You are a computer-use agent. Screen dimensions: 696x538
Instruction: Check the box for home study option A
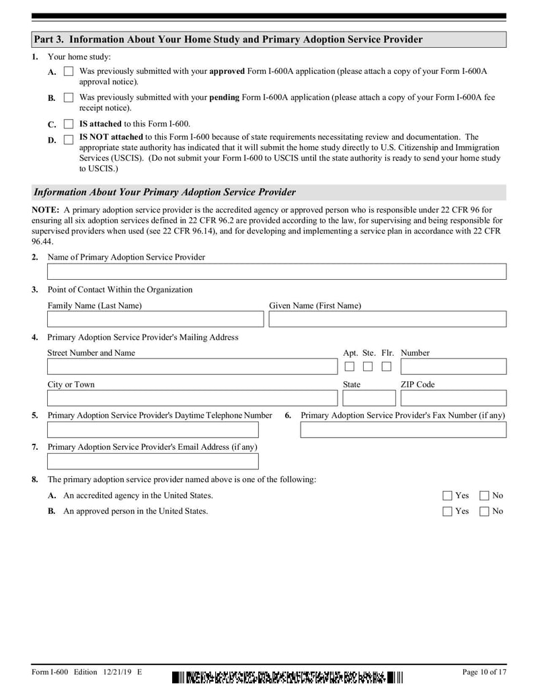(68, 71)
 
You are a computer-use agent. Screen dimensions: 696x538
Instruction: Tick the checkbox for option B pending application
(68, 98)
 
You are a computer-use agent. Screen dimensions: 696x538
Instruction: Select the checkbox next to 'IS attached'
(68, 124)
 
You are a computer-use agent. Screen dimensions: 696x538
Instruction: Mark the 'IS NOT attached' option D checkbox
(68, 140)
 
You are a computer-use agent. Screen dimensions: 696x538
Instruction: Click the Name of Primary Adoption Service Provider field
(276, 272)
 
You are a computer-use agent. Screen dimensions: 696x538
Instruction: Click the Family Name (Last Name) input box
(155, 319)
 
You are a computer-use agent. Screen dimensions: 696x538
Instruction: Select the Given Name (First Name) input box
(387, 319)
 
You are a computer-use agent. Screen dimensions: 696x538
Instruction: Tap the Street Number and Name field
(191, 366)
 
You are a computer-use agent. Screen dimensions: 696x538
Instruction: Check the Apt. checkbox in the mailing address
(350, 366)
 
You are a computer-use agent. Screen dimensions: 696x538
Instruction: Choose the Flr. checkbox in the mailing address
(386, 366)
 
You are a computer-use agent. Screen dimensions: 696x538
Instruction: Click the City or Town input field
(191, 398)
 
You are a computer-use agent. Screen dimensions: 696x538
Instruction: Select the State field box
(369, 398)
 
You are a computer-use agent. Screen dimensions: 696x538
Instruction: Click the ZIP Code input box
(453, 398)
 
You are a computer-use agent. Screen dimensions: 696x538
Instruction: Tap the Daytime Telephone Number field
(153, 430)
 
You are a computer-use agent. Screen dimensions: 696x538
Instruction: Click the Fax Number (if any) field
(403, 430)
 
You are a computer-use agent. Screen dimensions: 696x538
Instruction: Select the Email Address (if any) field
(153, 461)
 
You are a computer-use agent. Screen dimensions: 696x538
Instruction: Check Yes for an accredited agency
(448, 496)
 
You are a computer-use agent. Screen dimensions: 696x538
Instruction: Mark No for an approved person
(484, 511)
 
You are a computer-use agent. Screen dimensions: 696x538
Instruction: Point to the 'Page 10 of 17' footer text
(484, 672)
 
